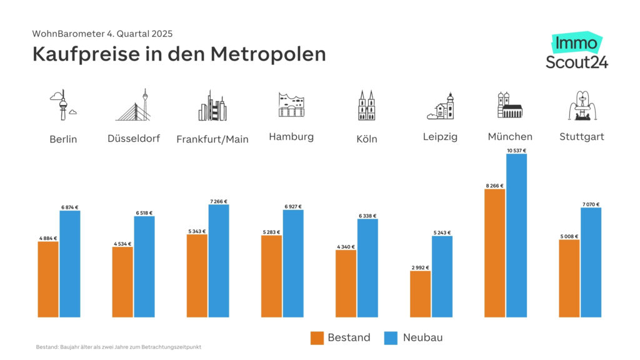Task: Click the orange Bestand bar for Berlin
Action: coord(48,279)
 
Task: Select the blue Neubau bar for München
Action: coord(516,235)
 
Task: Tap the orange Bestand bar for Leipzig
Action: coord(420,294)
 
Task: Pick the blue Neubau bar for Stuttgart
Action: coord(591,262)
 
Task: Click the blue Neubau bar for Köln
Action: coord(367,267)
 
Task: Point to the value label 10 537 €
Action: coord(516,151)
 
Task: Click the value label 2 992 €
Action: coord(420,267)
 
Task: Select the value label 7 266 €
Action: coord(219,201)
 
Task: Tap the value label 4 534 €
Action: coord(122,244)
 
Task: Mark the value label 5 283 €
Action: coord(271,232)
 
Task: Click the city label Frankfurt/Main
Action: coord(212,139)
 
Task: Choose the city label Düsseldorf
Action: coord(134,139)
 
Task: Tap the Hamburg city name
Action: coord(291,136)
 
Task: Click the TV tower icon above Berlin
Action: coord(63,105)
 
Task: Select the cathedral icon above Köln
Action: coord(366,105)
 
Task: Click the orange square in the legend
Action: coord(317,338)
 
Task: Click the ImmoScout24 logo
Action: coord(576,52)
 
